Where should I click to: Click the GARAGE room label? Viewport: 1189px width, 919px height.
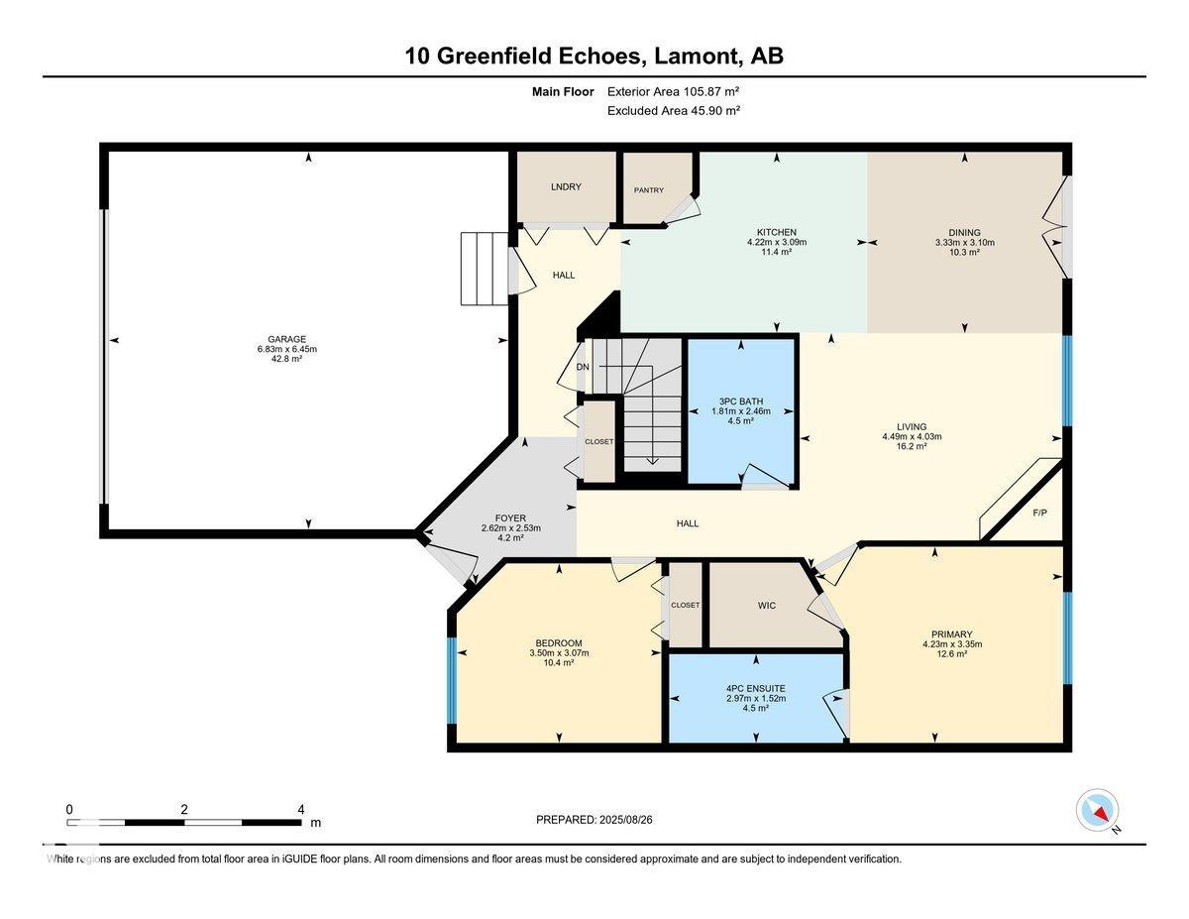click(x=286, y=339)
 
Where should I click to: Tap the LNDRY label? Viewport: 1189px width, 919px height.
click(x=566, y=186)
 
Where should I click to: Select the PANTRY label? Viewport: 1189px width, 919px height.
click(x=648, y=190)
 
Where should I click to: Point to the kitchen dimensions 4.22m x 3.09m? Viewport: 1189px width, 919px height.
click(x=777, y=242)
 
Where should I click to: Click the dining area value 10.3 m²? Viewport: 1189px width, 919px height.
click(x=964, y=252)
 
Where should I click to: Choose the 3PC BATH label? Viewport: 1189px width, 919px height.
click(x=741, y=402)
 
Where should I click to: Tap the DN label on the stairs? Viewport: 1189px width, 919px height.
click(x=583, y=367)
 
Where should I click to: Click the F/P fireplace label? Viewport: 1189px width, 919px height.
click(x=1039, y=513)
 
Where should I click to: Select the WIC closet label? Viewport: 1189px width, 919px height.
click(x=767, y=606)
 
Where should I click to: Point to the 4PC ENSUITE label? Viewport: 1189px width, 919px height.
click(x=756, y=689)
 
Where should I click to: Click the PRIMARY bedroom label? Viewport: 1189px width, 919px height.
click(x=952, y=634)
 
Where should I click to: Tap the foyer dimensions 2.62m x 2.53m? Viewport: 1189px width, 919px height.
click(x=510, y=528)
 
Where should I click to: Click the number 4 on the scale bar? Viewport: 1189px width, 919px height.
click(x=301, y=809)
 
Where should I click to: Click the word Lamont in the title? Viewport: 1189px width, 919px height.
click(x=695, y=56)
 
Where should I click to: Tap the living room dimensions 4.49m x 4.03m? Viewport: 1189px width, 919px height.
click(x=912, y=437)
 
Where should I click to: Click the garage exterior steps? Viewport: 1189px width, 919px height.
click(x=485, y=269)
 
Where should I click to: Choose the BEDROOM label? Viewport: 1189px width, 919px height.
click(x=559, y=643)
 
